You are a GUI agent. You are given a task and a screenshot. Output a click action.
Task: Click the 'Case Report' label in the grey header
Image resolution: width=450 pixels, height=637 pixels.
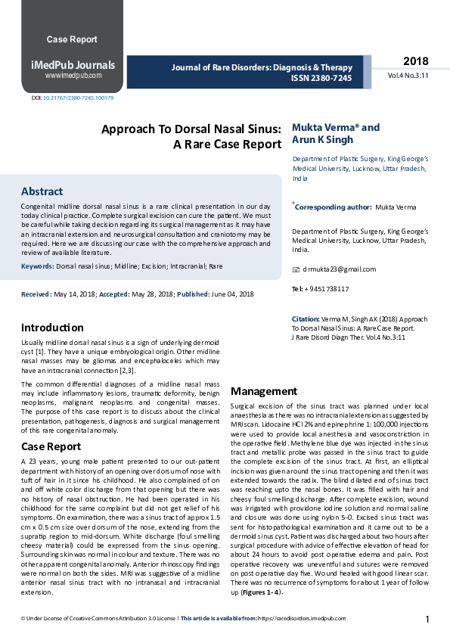[72, 39]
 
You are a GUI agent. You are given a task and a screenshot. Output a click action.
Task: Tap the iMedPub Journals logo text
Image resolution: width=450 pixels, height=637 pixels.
[73, 65]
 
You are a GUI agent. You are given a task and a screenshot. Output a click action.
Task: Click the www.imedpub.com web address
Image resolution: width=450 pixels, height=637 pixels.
[73, 76]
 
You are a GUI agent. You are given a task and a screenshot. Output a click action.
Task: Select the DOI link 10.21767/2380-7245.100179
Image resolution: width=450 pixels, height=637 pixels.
[78, 98]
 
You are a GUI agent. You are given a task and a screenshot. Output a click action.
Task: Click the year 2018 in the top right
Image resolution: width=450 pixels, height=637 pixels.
[415, 61]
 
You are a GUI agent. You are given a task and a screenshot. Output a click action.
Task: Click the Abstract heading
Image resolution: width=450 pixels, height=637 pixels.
[42, 191]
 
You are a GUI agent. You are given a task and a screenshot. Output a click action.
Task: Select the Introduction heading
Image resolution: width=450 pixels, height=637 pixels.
[52, 328]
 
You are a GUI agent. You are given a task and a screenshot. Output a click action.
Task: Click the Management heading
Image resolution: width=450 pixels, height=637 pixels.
[263, 391]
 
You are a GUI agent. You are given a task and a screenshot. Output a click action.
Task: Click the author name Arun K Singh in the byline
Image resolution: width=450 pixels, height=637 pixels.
[322, 140]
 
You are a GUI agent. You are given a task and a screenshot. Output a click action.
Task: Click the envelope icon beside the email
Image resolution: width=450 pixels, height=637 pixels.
[296, 269]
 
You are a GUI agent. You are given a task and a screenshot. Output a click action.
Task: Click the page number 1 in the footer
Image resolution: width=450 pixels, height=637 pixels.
[427, 620]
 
